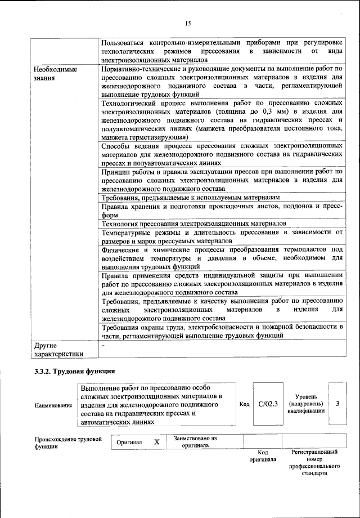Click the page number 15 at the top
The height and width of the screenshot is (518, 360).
pos(187,23)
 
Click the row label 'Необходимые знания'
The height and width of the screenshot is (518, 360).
pos(54,74)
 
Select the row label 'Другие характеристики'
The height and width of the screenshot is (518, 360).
pos(58,350)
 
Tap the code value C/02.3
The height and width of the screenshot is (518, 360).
pos(268,404)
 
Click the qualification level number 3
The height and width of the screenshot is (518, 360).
pos(337,404)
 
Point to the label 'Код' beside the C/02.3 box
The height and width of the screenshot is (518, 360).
pos(244,404)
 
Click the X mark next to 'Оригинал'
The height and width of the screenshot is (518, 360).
pos(157,442)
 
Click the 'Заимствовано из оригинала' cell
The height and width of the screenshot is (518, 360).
pos(195,441)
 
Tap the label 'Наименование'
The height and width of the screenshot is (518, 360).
pos(53,405)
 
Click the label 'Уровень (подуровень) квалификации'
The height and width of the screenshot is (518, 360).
pos(305,404)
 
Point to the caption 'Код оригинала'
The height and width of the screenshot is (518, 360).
pos(262,456)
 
